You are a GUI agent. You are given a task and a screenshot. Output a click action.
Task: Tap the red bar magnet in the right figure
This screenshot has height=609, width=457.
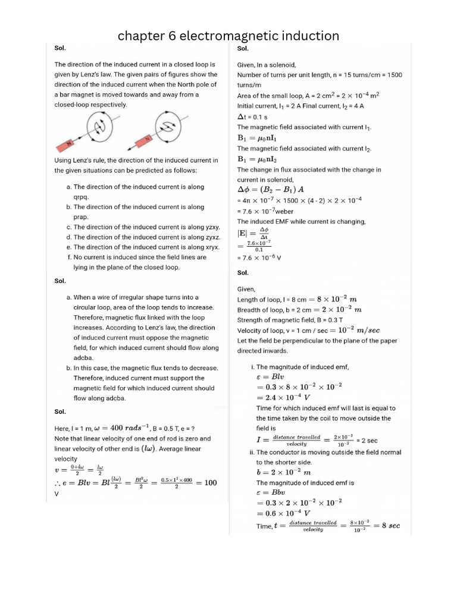click(x=143, y=142)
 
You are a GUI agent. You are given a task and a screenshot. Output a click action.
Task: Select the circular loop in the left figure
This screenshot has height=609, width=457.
click(x=101, y=126)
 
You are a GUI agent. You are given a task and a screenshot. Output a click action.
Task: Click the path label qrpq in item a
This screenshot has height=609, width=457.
click(x=82, y=197)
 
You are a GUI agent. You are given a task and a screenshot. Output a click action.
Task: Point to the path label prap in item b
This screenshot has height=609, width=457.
click(x=81, y=217)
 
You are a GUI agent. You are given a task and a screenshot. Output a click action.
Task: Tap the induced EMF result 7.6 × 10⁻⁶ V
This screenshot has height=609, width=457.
click(x=259, y=258)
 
